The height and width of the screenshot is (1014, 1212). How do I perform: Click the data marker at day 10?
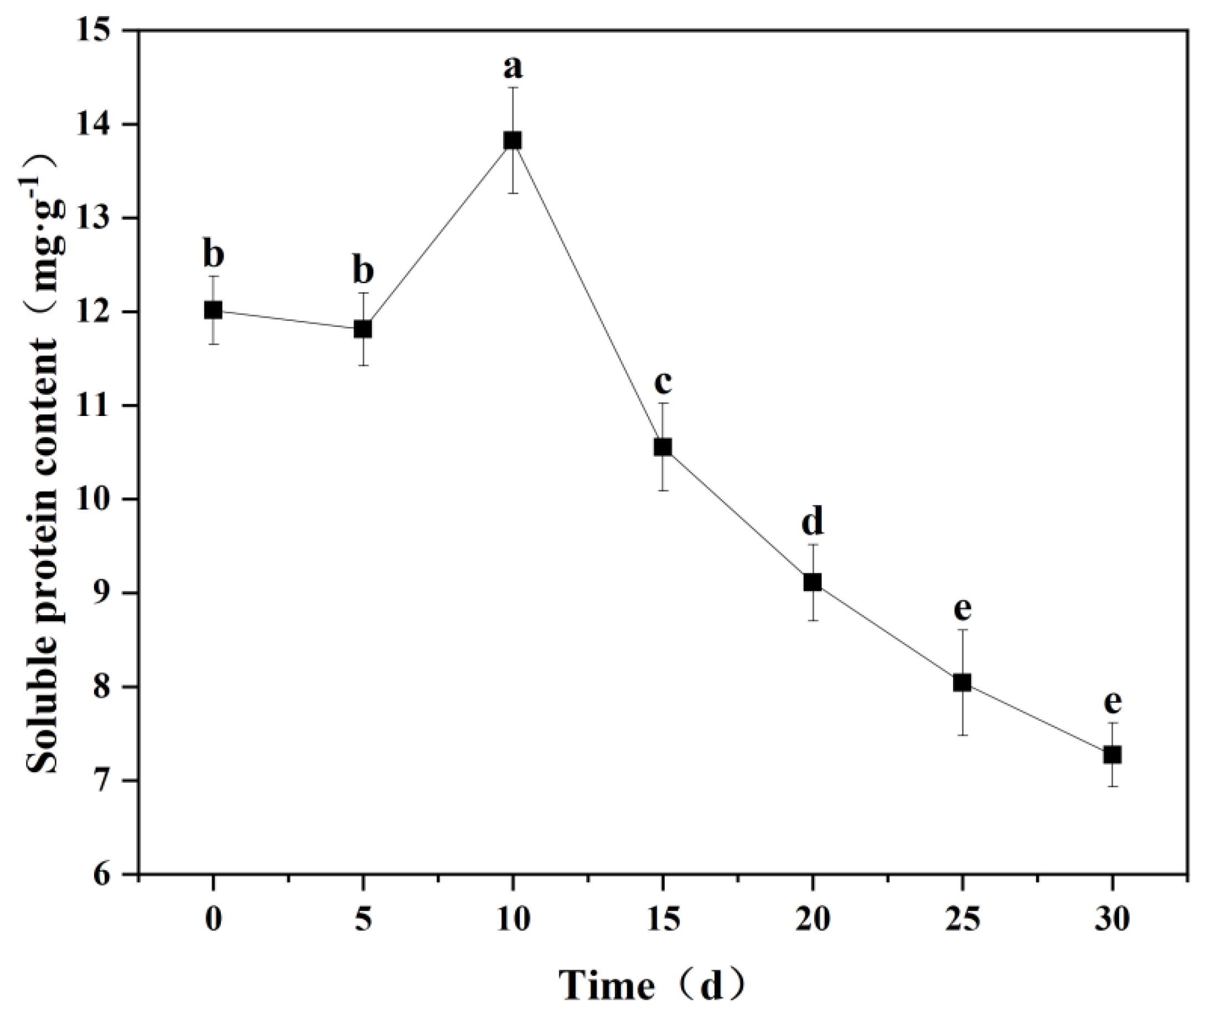pyautogui.click(x=512, y=140)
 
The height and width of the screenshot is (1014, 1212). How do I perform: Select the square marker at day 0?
pyautogui.click(x=213, y=310)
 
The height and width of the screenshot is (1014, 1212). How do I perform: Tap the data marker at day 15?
pyautogui.click(x=662, y=447)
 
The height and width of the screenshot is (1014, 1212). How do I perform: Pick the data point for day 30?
pyautogui.click(x=1112, y=755)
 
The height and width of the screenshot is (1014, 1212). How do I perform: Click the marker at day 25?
pyautogui.click(x=962, y=683)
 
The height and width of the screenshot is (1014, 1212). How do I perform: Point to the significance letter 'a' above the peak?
pyautogui.click(x=512, y=68)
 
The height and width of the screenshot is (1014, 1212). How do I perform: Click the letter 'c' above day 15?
pyautogui.click(x=663, y=381)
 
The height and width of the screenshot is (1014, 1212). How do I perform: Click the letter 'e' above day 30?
pyautogui.click(x=1112, y=702)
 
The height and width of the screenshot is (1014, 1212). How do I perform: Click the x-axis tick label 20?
pyautogui.click(x=812, y=919)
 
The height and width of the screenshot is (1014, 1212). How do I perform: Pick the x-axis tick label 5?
pyautogui.click(x=362, y=919)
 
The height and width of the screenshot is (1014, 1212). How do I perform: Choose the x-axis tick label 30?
pyautogui.click(x=1112, y=919)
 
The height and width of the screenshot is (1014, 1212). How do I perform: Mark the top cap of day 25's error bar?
pyautogui.click(x=962, y=630)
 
